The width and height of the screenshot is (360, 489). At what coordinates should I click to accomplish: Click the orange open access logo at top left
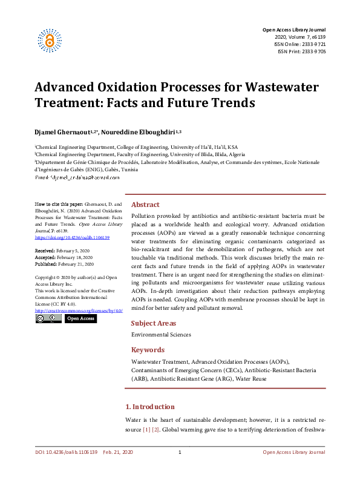click(50, 40)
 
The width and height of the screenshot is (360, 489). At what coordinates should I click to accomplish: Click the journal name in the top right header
click(293, 30)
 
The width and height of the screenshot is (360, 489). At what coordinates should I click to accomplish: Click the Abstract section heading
click(145, 205)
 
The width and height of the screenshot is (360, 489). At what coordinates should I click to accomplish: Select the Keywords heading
click(148, 350)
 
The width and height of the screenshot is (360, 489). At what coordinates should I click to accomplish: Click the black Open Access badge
click(80, 318)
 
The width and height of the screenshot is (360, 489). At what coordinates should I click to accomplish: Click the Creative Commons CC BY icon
click(48, 318)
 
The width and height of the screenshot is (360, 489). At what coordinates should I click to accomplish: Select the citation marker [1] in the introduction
click(146, 429)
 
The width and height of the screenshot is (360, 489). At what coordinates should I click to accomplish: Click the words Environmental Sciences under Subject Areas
click(161, 335)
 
